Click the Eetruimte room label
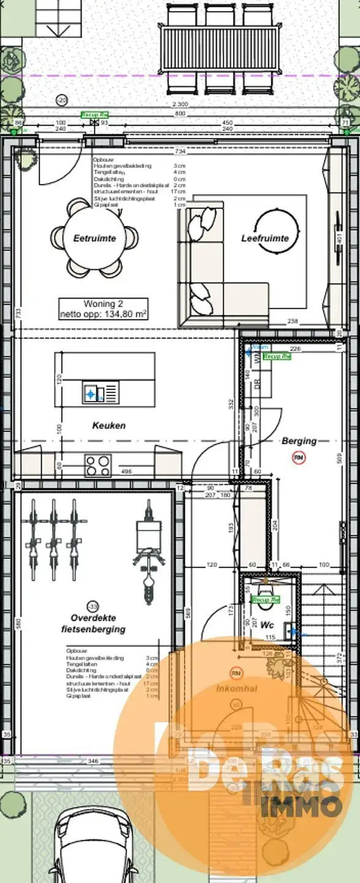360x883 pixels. pos(94,239)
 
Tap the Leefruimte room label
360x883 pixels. pos(265,239)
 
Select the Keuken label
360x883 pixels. pos(109,425)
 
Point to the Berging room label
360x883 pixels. pos(299,440)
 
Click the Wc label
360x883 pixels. pos(267,625)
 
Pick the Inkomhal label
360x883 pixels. pos(236,689)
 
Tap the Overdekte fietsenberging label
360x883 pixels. pos(93,624)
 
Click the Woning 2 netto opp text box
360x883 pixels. pos(103,309)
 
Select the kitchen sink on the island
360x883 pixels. pos(91,392)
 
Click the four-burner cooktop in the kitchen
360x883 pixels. pos(98,465)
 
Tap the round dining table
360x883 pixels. pos(94,237)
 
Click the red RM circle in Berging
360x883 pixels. pos(299,457)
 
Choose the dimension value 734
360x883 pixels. pos(180,151)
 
